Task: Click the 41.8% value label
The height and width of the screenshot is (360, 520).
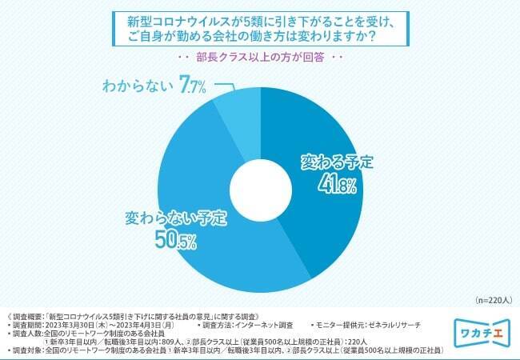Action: point(334,184)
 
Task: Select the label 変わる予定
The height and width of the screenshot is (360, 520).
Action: point(335,162)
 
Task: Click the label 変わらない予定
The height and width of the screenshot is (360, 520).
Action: point(176,216)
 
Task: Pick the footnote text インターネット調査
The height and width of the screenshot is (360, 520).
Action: point(264,326)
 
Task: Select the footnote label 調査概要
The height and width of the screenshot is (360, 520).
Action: point(27,317)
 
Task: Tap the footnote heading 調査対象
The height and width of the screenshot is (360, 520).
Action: point(27,351)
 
